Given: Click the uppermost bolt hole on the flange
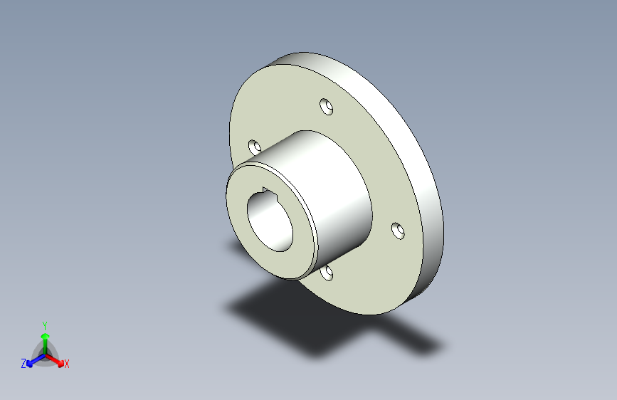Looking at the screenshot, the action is (x=327, y=107).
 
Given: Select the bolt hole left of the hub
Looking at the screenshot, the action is (x=255, y=147).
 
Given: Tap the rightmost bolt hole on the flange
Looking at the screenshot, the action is (x=399, y=231).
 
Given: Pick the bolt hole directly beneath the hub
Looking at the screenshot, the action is (x=327, y=273).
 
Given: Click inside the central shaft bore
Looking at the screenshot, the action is (x=270, y=223).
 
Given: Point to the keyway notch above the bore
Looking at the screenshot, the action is (x=266, y=191).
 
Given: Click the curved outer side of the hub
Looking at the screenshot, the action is (x=339, y=189).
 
